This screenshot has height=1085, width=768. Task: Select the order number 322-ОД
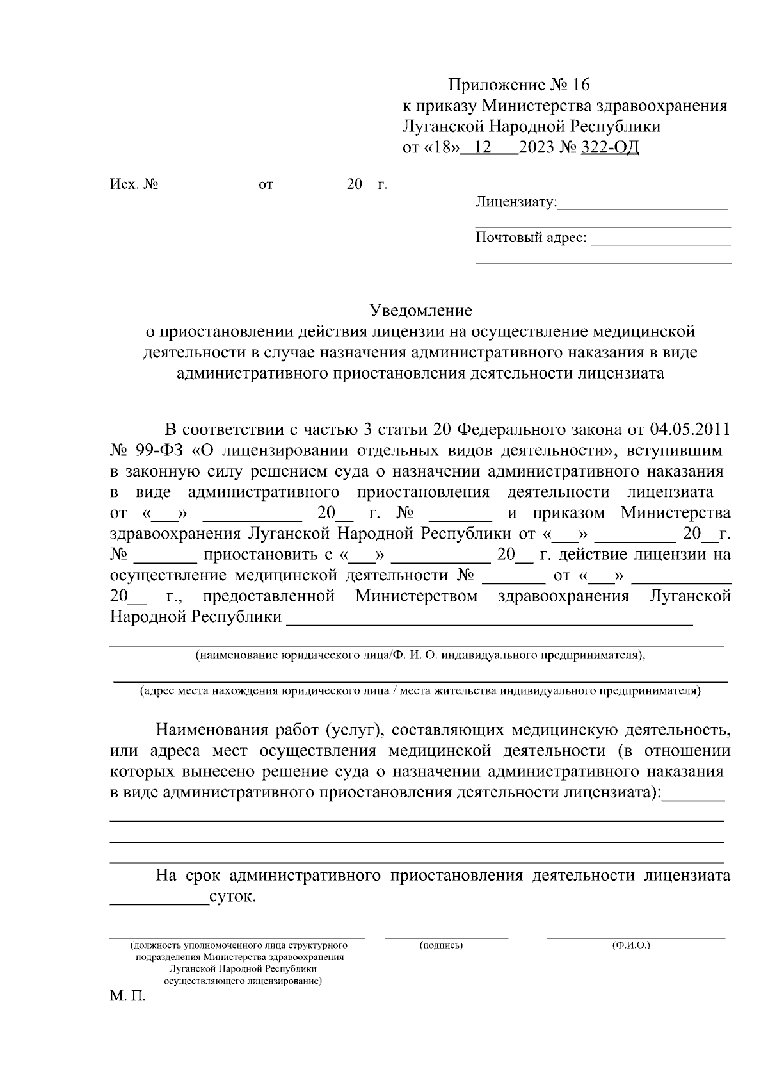tap(609, 148)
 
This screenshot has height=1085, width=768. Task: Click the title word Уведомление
tap(421, 311)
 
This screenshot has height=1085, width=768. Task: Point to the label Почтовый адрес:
tap(531, 238)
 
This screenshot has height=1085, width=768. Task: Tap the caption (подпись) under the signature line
tap(441, 945)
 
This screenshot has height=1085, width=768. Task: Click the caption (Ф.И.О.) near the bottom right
tap(631, 945)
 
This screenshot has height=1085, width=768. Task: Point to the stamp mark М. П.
tap(128, 997)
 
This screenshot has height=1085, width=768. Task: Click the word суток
tap(232, 897)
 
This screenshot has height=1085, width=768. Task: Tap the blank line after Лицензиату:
tap(643, 208)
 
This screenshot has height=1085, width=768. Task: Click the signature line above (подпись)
tap(446, 937)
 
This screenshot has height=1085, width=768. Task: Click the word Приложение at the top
tap(495, 85)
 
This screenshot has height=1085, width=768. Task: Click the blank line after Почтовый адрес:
tap(660, 244)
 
